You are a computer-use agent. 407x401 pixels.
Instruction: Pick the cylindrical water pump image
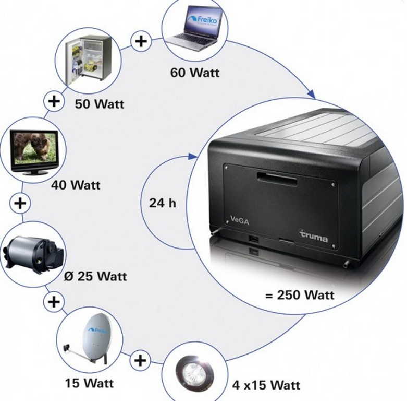[33, 254]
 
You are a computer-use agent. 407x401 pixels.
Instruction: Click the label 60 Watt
[194, 73]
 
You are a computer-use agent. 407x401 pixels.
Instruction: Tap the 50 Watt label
[100, 103]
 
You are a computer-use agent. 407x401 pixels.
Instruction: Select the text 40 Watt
[76, 185]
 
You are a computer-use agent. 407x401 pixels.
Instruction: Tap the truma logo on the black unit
[314, 236]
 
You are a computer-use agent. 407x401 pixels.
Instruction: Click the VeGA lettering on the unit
[240, 221]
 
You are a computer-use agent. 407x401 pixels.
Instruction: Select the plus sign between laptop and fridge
[141, 41]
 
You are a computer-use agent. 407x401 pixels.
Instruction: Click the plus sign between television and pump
[20, 203]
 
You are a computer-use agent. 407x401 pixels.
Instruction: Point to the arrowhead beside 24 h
[194, 156]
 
